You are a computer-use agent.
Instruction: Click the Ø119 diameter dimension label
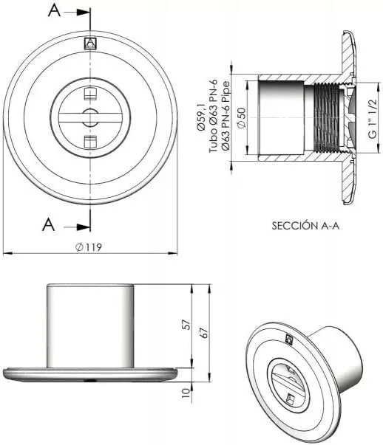point(89,247)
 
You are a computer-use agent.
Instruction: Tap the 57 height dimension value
point(186,325)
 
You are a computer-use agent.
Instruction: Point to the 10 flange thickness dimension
point(186,393)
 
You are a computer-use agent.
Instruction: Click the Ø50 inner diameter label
point(241,118)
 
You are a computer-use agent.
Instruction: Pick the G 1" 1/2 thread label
point(372,119)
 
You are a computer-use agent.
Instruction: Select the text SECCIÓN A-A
point(305,226)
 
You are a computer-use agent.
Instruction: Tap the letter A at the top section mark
point(54,11)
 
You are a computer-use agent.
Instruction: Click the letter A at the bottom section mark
point(48,225)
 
